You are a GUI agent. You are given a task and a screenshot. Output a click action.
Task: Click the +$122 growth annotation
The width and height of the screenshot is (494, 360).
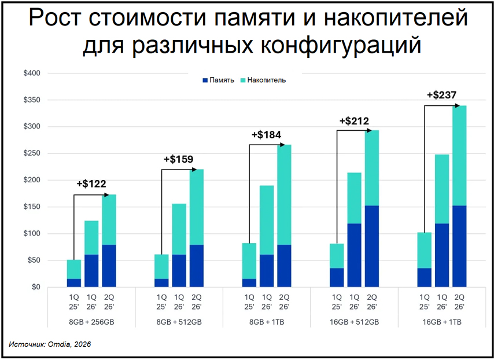[x=91, y=185]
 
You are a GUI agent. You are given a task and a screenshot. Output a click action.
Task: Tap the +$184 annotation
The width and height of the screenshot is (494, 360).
[x=266, y=135]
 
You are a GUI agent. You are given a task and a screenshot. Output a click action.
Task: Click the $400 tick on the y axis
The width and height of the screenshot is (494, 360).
[x=32, y=74]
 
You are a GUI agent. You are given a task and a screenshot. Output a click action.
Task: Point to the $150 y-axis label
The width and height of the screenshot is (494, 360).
[x=32, y=207]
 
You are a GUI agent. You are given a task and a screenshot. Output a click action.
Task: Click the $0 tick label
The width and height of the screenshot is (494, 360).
[x=36, y=287]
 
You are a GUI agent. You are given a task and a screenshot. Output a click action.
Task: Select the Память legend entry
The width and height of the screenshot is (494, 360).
[x=218, y=80]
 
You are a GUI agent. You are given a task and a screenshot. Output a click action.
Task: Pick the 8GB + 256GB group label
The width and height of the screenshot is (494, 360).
[x=91, y=322]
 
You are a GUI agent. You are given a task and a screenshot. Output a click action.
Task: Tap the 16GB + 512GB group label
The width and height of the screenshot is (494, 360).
[x=354, y=322]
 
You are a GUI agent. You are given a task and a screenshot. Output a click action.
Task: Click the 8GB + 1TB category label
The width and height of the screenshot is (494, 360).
[x=266, y=322]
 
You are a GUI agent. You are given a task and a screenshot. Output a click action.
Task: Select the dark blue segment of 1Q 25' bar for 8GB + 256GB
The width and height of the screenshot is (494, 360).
[x=74, y=283]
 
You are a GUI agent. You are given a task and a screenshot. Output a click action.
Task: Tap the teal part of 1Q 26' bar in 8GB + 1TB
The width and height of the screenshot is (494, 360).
[x=266, y=220]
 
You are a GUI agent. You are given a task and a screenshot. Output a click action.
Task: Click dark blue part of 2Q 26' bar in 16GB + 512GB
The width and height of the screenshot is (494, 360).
[x=372, y=246]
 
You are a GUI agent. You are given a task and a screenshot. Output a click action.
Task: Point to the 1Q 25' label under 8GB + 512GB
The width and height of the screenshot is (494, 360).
[x=161, y=303]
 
